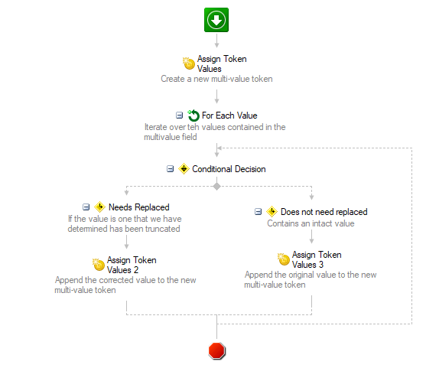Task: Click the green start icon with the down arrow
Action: (216, 20)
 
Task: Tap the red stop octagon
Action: (216, 350)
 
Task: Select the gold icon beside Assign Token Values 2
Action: (99, 265)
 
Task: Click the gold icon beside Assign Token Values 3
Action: (284, 259)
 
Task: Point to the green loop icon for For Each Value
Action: (193, 116)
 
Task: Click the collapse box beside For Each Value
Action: (179, 115)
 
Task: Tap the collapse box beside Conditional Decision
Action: (171, 169)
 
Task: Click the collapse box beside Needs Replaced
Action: (86, 207)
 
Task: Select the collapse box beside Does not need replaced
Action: (259, 211)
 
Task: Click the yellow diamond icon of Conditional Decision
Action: (184, 168)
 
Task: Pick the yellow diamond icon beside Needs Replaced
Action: (99, 207)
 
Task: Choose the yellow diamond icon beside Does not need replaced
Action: (272, 211)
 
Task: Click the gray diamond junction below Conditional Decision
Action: (216, 187)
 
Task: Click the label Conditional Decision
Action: (229, 169)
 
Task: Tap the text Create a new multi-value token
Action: (216, 79)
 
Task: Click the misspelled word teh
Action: (193, 127)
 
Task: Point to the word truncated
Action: (162, 229)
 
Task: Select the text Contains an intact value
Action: (311, 223)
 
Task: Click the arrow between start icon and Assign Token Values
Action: (216, 41)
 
